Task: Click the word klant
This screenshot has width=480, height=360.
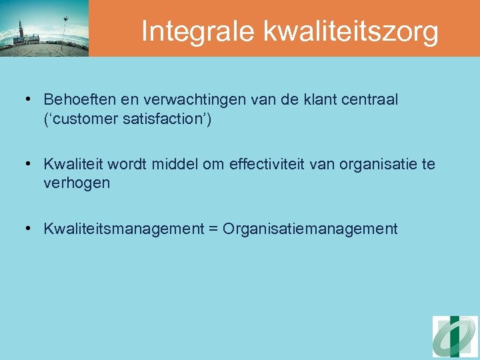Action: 299,100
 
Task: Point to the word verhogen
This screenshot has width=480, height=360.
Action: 77,183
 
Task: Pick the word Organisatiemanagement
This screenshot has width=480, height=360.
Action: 310,229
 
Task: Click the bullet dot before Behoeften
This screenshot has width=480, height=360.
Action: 29,100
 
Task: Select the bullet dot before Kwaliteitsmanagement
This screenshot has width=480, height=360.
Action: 29,229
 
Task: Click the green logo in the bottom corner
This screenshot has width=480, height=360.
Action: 455,337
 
